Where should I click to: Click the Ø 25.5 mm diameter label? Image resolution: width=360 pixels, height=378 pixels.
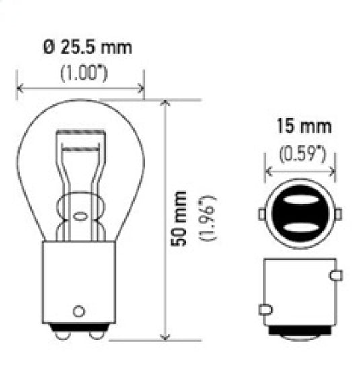tap(87, 48)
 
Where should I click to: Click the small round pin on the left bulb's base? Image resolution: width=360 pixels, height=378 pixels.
tap(79, 311)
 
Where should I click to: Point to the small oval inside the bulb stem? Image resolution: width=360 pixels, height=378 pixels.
tap(79, 217)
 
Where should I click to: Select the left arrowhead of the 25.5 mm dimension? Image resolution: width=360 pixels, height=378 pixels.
tap(20, 87)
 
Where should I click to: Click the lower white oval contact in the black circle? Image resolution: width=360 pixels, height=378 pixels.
tap(299, 225)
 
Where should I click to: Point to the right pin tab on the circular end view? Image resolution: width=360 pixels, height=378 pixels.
tap(337, 213)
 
